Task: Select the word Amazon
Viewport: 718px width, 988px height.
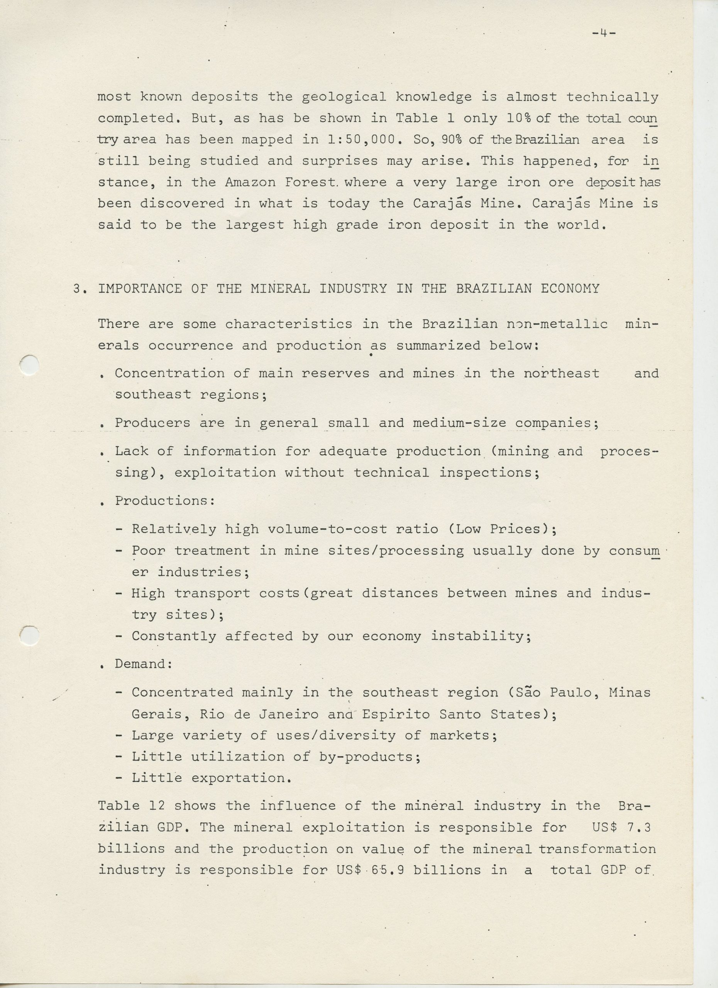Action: [250, 182]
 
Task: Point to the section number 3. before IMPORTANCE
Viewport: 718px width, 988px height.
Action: [78, 289]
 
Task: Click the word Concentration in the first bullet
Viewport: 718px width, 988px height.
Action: [169, 373]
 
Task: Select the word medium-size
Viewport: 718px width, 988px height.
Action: [459, 423]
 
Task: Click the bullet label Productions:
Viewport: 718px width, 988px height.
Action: [165, 501]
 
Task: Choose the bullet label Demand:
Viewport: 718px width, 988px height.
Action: [144, 664]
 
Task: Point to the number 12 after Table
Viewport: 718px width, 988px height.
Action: [156, 806]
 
